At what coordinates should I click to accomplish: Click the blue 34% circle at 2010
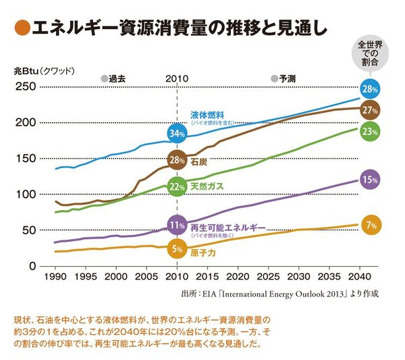pos(177,134)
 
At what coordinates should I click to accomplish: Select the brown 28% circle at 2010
pos(177,161)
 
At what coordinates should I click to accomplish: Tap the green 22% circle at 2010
pos(177,187)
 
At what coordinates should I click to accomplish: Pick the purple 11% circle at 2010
pos(177,225)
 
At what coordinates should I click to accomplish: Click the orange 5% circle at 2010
pos(177,249)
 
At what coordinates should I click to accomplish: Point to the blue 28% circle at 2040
pos(369,89)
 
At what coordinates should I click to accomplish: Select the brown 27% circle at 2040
pos(369,110)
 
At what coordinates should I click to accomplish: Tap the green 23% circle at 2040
pos(369,132)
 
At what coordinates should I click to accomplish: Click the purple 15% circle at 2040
pos(369,180)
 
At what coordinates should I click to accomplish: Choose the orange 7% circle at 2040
pos(369,225)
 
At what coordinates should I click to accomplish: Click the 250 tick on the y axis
pos(26,86)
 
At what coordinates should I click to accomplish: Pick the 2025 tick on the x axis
pos(267,277)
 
